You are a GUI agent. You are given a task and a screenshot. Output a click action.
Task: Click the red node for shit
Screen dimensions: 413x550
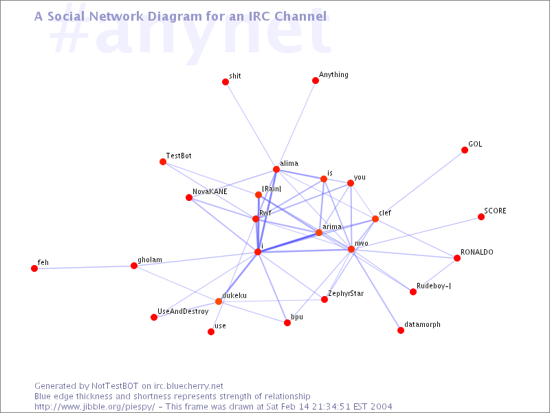pyautogui.click(x=225, y=82)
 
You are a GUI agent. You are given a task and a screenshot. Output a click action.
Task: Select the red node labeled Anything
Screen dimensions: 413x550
pyautogui.click(x=316, y=81)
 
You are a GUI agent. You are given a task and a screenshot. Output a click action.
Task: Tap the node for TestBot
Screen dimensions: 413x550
pyautogui.click(x=163, y=162)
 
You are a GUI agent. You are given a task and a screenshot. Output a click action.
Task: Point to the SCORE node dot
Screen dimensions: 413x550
pyautogui.click(x=481, y=217)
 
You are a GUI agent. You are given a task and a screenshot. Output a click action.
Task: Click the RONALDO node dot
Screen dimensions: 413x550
pyautogui.click(x=457, y=258)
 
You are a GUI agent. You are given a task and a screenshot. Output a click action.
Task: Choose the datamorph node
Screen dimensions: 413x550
pyautogui.click(x=401, y=330)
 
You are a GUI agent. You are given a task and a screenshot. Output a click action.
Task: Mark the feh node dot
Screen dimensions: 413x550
pyautogui.click(x=34, y=268)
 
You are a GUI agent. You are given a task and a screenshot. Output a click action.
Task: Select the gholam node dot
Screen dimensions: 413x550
pyautogui.click(x=134, y=266)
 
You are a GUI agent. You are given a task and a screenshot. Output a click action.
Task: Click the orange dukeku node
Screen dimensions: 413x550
pyautogui.click(x=219, y=301)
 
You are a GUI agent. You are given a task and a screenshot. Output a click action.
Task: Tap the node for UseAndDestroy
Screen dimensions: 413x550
pyautogui.click(x=154, y=317)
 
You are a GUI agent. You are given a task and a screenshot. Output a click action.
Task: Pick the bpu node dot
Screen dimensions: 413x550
pyautogui.click(x=287, y=323)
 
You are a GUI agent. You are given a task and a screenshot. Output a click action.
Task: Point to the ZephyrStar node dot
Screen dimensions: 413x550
pyautogui.click(x=324, y=299)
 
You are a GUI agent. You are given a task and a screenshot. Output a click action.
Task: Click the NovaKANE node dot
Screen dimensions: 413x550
pyautogui.click(x=189, y=198)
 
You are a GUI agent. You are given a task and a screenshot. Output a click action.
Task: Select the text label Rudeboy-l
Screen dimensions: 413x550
pyautogui.click(x=434, y=285)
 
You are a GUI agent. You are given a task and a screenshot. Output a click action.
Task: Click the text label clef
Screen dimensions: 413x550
pyautogui.click(x=385, y=213)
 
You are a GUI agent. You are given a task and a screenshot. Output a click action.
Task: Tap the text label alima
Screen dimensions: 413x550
pyautogui.click(x=289, y=162)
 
